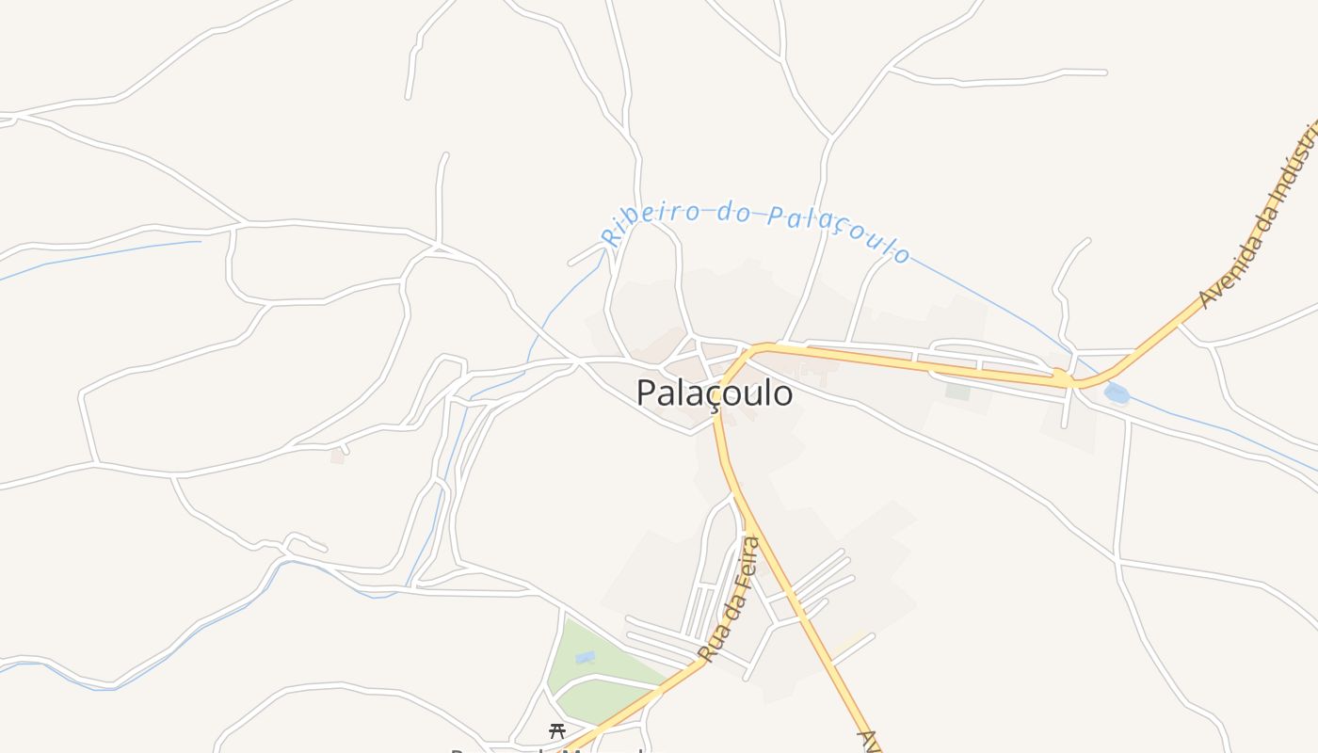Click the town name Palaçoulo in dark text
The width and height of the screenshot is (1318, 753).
click(714, 393)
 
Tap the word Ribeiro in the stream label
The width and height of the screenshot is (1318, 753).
click(650, 220)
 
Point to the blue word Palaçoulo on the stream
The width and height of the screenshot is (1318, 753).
click(839, 232)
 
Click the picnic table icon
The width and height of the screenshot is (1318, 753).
click(557, 730)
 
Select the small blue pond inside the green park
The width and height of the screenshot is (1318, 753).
click(585, 657)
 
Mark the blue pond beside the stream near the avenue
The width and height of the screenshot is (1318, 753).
click(1117, 393)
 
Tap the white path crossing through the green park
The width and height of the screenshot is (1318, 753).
click(603, 679)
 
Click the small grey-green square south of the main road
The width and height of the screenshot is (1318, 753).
click(958, 391)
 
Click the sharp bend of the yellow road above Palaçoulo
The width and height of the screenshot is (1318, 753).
click(748, 354)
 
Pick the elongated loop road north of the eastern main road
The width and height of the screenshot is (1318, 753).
click(979, 350)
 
